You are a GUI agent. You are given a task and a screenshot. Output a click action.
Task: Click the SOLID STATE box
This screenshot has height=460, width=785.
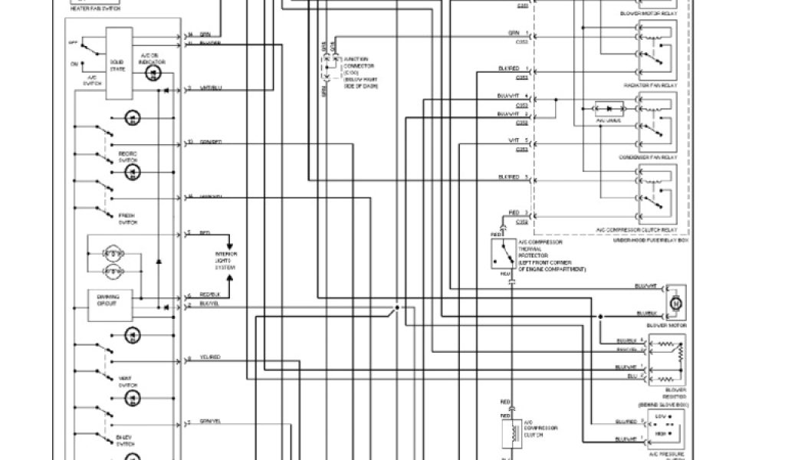(117, 64)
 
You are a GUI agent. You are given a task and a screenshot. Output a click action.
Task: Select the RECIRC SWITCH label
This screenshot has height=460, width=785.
(127, 157)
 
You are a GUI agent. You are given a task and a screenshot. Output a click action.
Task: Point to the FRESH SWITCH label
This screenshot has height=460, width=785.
(127, 219)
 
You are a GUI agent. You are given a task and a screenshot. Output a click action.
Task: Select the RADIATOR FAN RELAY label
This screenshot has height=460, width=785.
(649, 85)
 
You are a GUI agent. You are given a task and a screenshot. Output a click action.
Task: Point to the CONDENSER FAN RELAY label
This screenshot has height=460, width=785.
(649, 157)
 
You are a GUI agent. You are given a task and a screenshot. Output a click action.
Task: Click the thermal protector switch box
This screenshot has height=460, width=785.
(504, 254)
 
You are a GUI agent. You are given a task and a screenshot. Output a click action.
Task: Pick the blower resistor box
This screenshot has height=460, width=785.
(666, 360)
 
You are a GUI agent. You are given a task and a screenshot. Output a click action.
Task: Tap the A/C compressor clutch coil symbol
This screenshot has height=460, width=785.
(508, 435)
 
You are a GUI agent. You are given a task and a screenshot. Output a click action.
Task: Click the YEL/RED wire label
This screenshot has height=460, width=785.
(210, 358)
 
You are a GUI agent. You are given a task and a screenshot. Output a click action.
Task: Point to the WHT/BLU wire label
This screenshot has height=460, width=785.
(211, 89)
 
